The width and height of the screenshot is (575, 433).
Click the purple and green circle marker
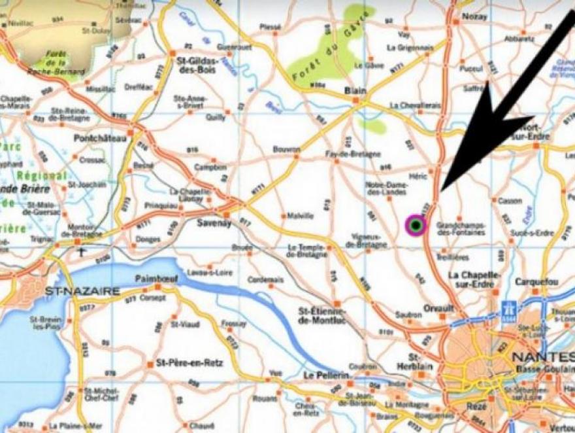tap(415, 226)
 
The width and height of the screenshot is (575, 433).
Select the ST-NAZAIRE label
tap(82, 290)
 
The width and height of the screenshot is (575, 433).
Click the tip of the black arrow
tap(442, 190)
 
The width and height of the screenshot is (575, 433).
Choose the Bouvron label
tap(286, 149)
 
